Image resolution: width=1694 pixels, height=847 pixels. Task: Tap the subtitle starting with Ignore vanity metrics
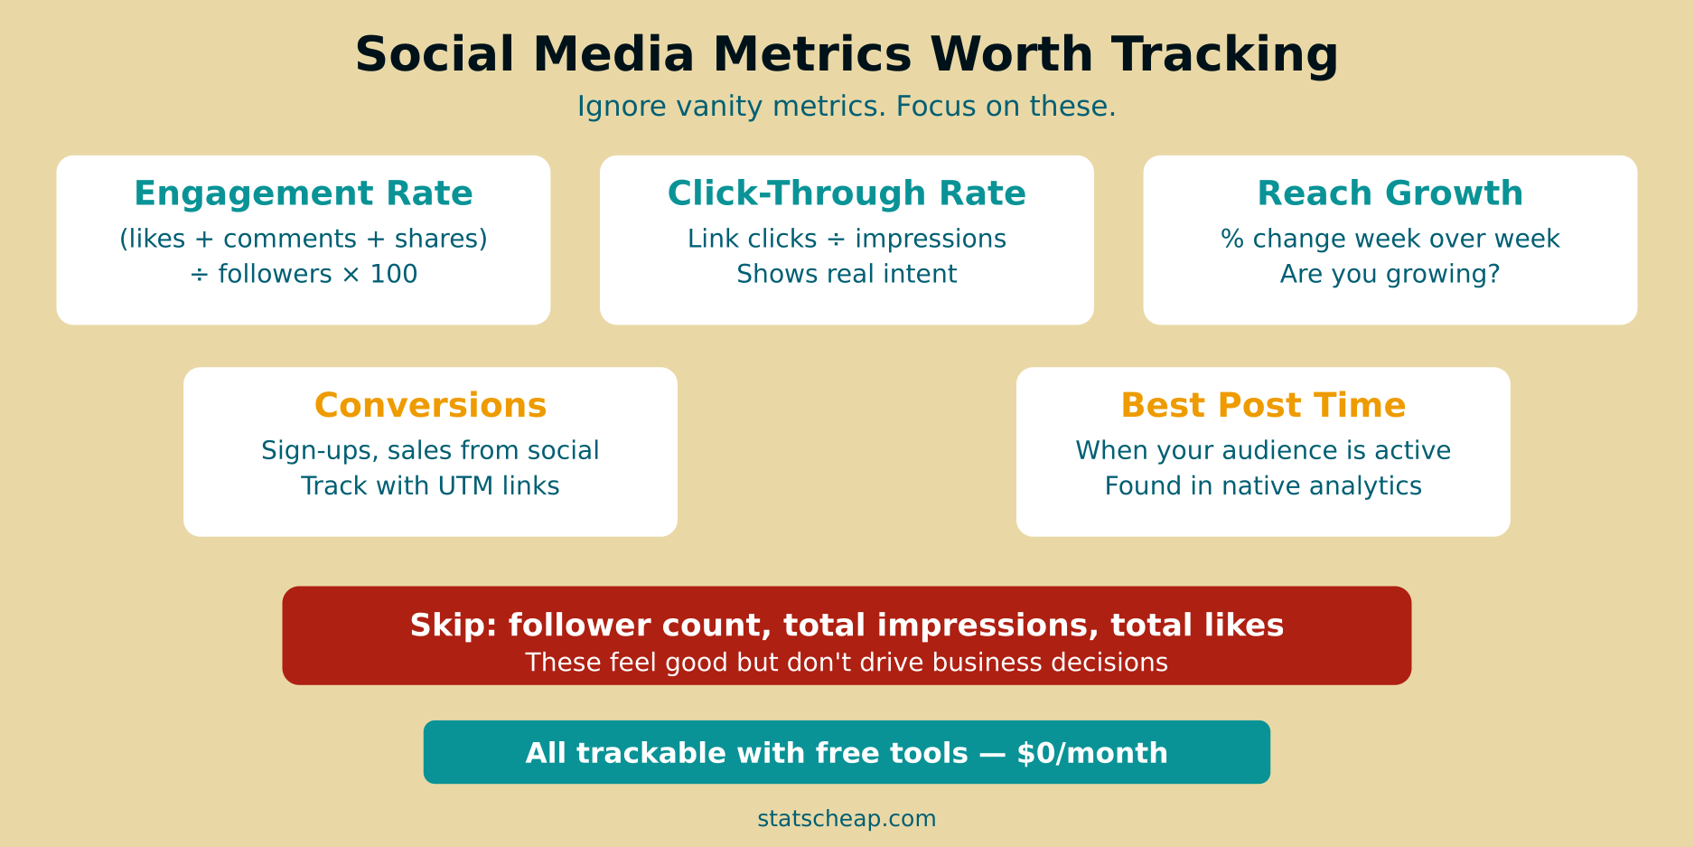point(847,107)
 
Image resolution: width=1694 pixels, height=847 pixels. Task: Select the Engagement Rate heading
point(304,193)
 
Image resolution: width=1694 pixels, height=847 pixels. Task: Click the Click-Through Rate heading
point(847,193)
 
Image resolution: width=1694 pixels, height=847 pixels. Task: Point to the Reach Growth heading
point(1390,193)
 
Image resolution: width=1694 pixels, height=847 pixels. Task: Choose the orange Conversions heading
point(430,406)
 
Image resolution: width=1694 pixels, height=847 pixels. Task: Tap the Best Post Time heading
point(1263,406)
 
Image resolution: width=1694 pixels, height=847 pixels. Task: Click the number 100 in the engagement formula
point(394,274)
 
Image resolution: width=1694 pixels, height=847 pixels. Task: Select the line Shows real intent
point(847,274)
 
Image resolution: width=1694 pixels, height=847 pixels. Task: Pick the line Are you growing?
point(1390,274)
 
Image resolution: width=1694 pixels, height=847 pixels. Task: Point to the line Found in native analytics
point(1263,486)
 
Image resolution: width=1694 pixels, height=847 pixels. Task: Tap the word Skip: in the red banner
point(454,626)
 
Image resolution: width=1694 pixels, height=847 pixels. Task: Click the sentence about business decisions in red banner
point(847,663)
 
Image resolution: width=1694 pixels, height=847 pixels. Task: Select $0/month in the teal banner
point(1091,753)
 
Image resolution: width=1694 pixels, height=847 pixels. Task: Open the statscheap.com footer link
point(847,819)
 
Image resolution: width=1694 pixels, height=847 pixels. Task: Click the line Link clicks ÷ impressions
point(847,239)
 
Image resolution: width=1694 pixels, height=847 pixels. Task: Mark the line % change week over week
point(1390,239)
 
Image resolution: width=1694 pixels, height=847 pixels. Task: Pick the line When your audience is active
point(1263,451)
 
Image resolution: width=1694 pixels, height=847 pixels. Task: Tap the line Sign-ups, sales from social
point(430,451)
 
